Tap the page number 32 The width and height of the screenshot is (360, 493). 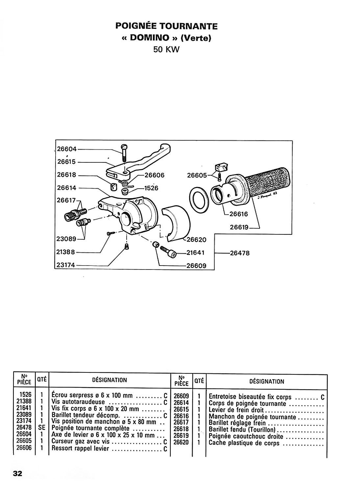[x=18, y=473]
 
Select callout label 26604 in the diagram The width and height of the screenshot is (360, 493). [x=67, y=149]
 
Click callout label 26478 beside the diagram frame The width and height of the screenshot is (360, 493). [x=240, y=253]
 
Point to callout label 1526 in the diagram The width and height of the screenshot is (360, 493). [x=151, y=188]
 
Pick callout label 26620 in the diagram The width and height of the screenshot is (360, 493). [x=196, y=240]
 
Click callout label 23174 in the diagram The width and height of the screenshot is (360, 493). [x=66, y=265]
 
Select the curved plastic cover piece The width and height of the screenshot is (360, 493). [x=176, y=222]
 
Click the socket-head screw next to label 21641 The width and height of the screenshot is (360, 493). [x=168, y=252]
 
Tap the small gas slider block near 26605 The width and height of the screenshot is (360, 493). [x=222, y=168]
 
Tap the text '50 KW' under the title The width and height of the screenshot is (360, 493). [x=166, y=50]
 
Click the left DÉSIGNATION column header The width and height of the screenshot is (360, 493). [x=109, y=380]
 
